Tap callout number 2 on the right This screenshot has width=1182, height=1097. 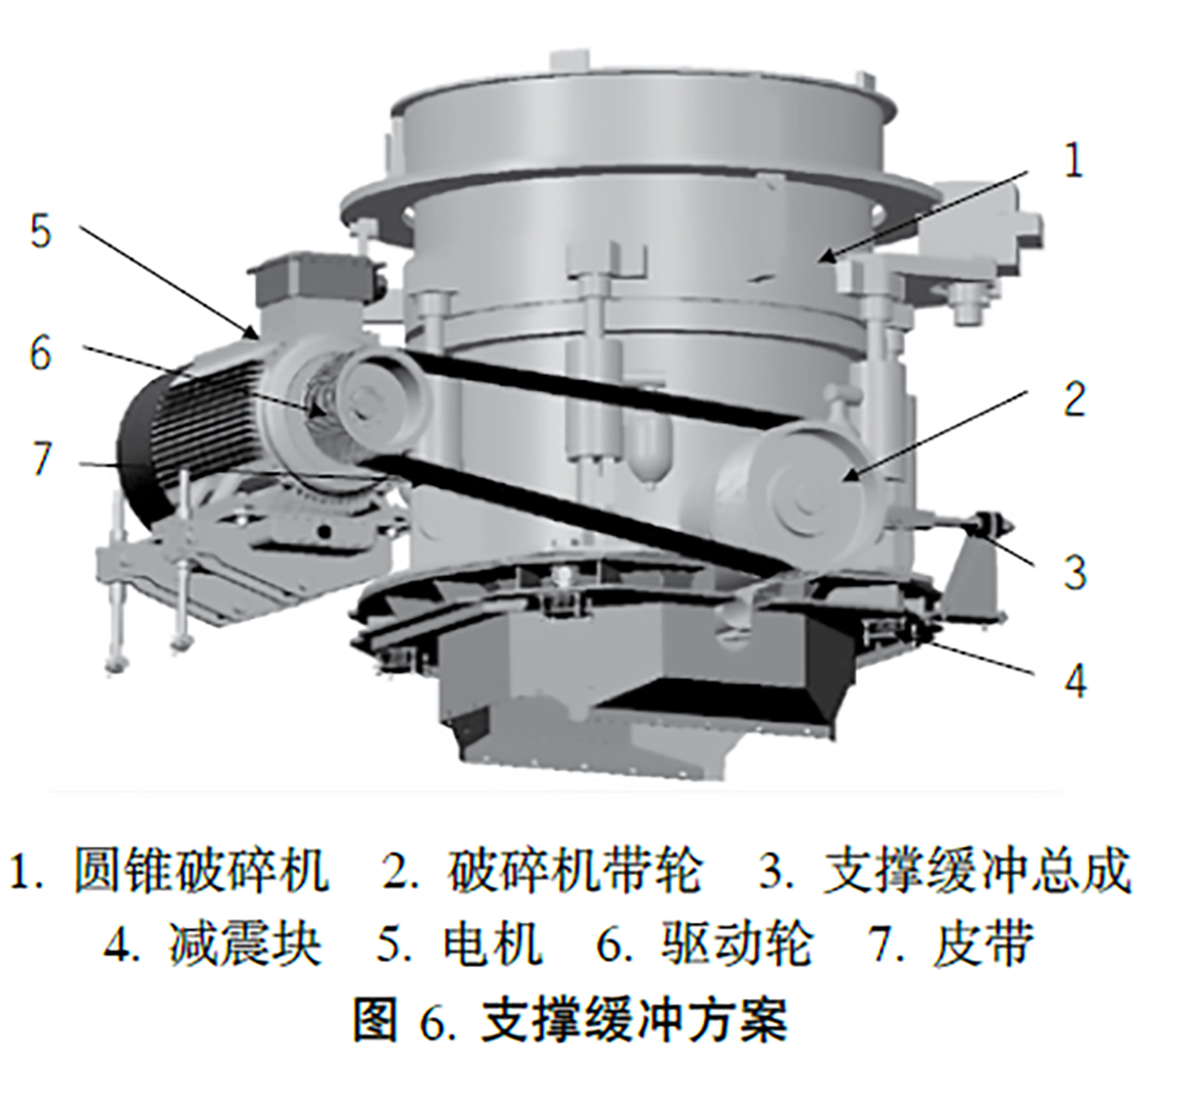[x=1074, y=399]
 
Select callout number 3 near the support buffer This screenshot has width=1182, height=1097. [x=1074, y=571]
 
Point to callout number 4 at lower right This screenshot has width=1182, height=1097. [x=1074, y=680]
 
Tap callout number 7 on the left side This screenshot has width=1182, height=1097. [x=41, y=459]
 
